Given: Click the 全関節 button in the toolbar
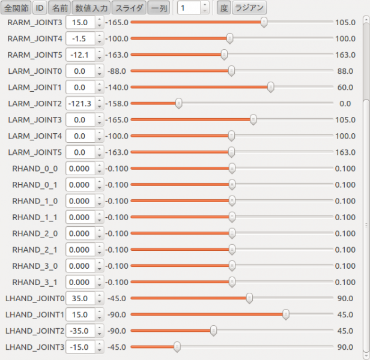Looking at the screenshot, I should (x=16, y=8).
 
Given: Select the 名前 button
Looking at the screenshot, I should (x=59, y=8).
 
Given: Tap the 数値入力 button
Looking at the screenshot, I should (x=91, y=8).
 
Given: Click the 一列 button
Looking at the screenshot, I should (x=158, y=8).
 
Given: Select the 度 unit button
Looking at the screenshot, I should (x=223, y=8).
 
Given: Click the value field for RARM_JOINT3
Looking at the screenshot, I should (x=80, y=22).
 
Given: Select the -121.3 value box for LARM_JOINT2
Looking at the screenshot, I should (x=80, y=103).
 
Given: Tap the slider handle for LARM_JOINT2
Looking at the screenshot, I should (x=178, y=103).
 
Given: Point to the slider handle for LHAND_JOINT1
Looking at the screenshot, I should (x=286, y=314).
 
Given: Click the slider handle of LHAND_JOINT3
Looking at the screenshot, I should (x=177, y=346).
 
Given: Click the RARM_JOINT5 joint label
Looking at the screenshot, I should (x=34, y=55).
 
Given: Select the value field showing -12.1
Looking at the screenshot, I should (x=80, y=55).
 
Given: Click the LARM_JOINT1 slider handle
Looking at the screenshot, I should (x=271, y=87).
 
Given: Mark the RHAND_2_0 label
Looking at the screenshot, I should (x=35, y=233).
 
